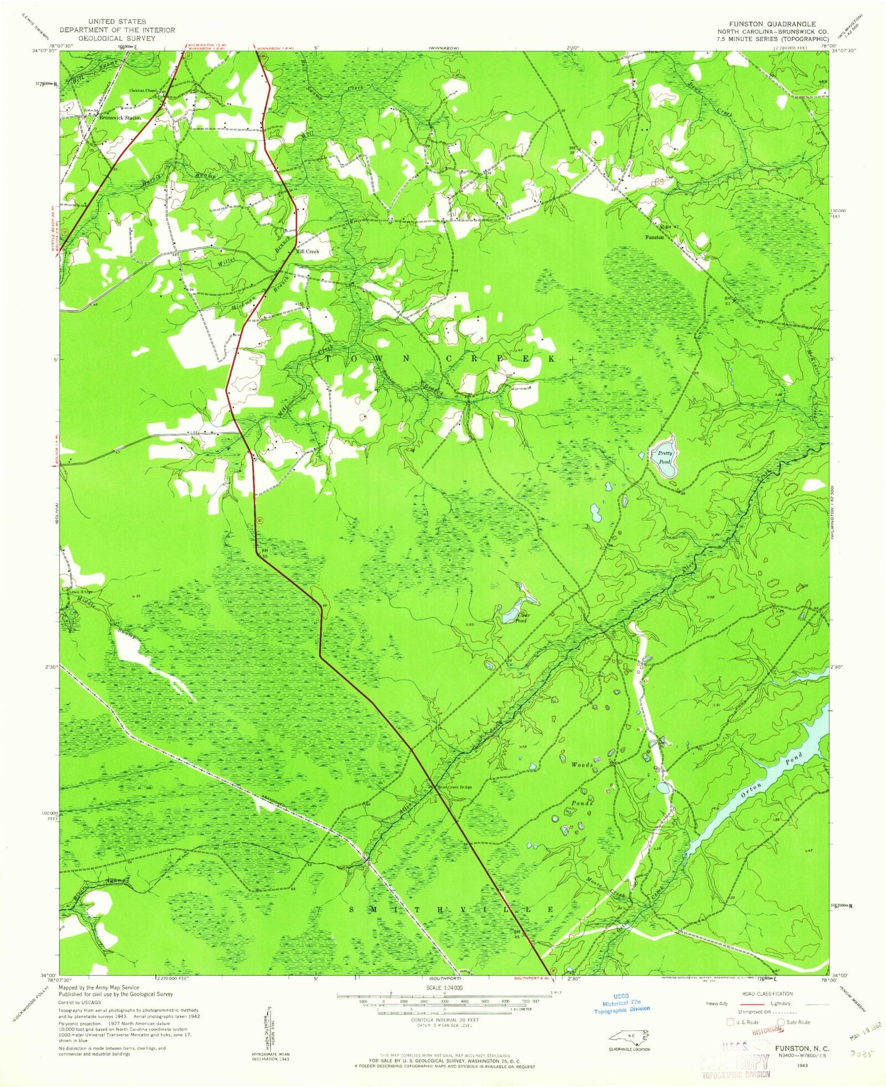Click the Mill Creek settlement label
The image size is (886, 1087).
tap(307, 252)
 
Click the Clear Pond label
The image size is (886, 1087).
tap(520, 618)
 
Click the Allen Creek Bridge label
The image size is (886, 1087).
tap(454, 787)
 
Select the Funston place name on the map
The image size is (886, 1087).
tap(654, 237)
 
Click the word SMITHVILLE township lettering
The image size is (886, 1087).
tap(452, 909)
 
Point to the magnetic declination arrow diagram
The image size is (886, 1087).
tap(270, 1024)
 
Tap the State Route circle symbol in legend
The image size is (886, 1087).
tap(781, 1022)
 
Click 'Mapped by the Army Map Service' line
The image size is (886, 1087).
tap(99, 987)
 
